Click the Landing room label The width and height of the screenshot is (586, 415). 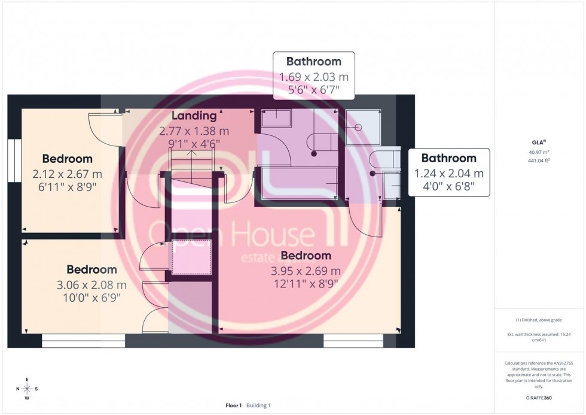194,116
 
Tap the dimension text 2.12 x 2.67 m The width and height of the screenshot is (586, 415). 67,174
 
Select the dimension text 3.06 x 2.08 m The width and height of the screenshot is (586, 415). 91,285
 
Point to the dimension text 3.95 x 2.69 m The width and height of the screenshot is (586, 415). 306,271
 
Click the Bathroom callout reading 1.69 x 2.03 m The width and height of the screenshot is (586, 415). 314,77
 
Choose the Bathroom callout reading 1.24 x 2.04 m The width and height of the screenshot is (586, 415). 448,174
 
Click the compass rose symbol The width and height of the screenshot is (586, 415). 27,389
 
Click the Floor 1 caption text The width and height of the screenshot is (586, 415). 233,405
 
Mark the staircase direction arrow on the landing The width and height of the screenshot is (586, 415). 191,155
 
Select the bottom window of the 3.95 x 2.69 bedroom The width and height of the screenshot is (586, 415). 353,341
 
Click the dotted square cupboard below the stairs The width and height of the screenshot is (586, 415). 191,256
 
